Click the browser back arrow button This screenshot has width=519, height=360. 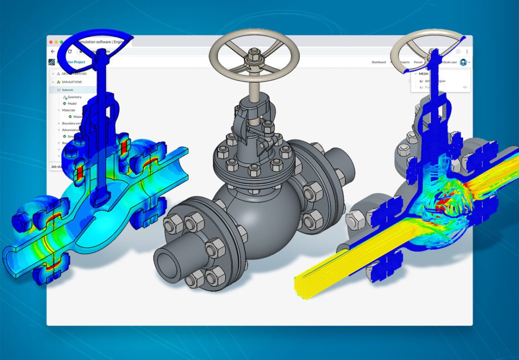click(x=53, y=52)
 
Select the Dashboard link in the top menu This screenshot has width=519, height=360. click(x=379, y=62)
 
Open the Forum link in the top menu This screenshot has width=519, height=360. click(x=418, y=62)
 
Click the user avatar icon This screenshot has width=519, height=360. click(x=463, y=62)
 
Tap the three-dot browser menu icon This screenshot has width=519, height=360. click(x=467, y=52)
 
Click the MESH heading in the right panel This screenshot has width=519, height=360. click(x=423, y=74)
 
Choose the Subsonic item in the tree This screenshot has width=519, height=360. click(x=67, y=90)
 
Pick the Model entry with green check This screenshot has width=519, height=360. click(x=72, y=103)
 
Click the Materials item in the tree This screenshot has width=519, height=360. click(x=68, y=110)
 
